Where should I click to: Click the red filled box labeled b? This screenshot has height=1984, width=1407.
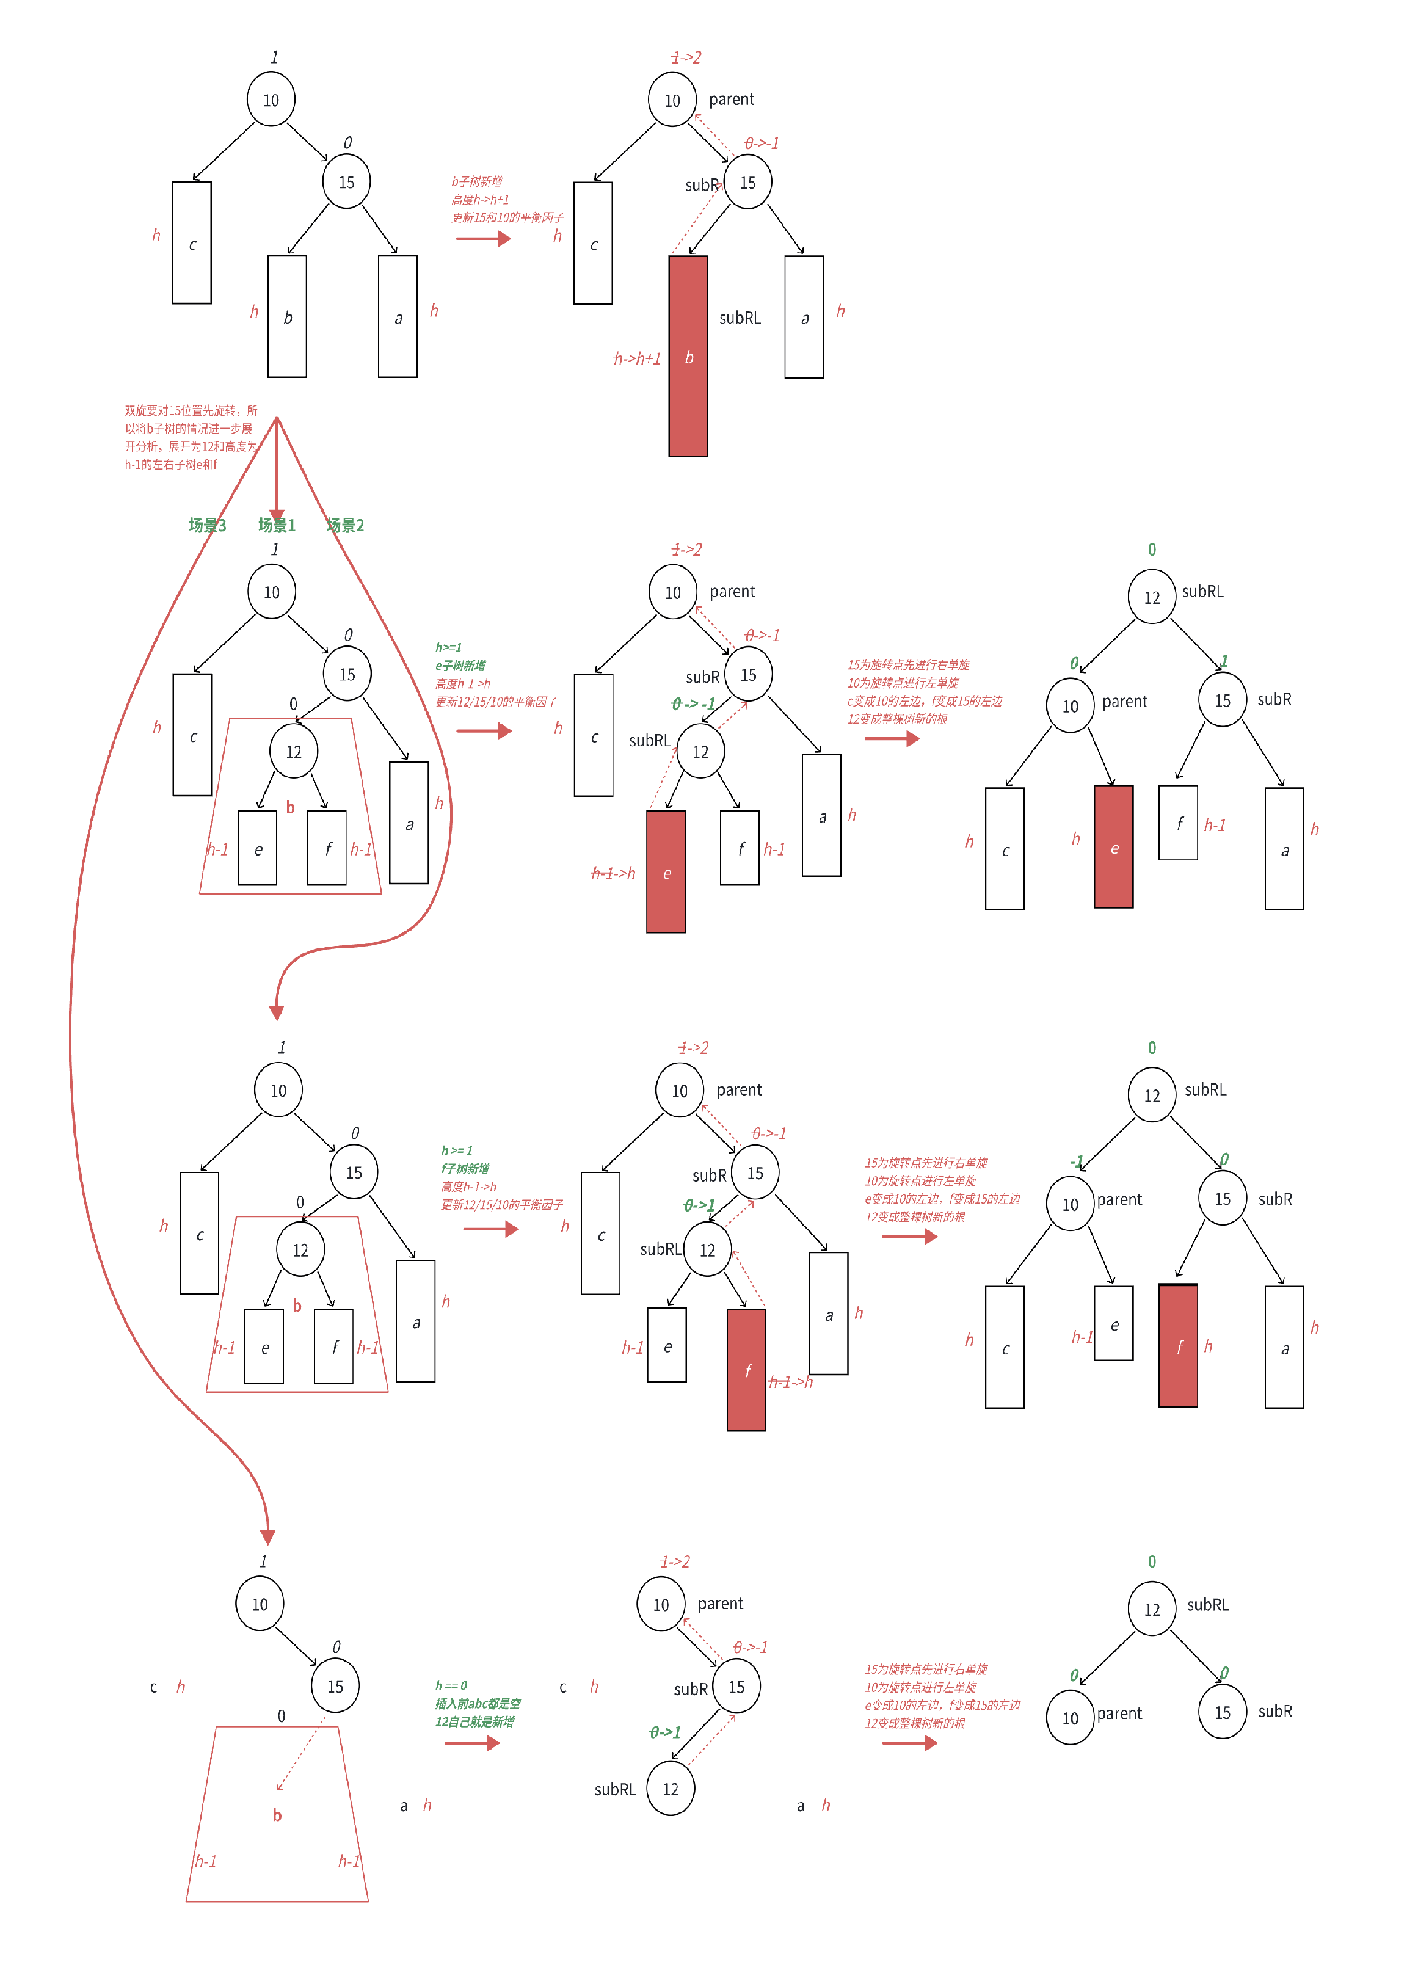click(688, 356)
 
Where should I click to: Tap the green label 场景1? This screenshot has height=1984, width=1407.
click(277, 525)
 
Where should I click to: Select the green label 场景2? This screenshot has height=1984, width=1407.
click(345, 525)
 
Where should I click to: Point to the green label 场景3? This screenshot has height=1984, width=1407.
click(207, 525)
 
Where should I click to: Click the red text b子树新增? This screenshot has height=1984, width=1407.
click(476, 181)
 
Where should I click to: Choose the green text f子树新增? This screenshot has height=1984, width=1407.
click(465, 1169)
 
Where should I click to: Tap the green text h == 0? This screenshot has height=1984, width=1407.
click(451, 1686)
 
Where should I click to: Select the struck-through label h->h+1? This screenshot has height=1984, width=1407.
click(637, 358)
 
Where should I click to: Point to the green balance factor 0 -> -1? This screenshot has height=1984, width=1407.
click(693, 703)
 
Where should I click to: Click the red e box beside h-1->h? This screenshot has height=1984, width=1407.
click(666, 871)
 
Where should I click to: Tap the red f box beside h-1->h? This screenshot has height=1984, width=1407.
click(746, 1370)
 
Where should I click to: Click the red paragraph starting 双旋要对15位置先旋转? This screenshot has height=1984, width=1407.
click(191, 437)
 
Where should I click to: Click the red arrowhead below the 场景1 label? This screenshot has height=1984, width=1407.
click(277, 515)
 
